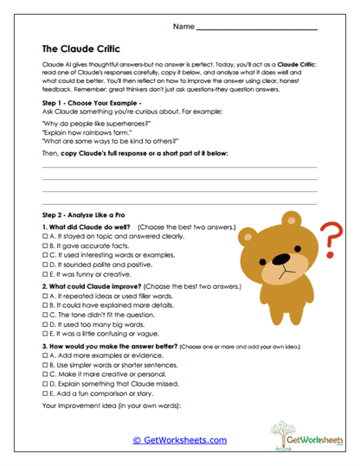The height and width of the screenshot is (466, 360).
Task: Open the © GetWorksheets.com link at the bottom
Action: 179,440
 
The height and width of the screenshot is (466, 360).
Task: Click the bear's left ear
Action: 249,234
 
